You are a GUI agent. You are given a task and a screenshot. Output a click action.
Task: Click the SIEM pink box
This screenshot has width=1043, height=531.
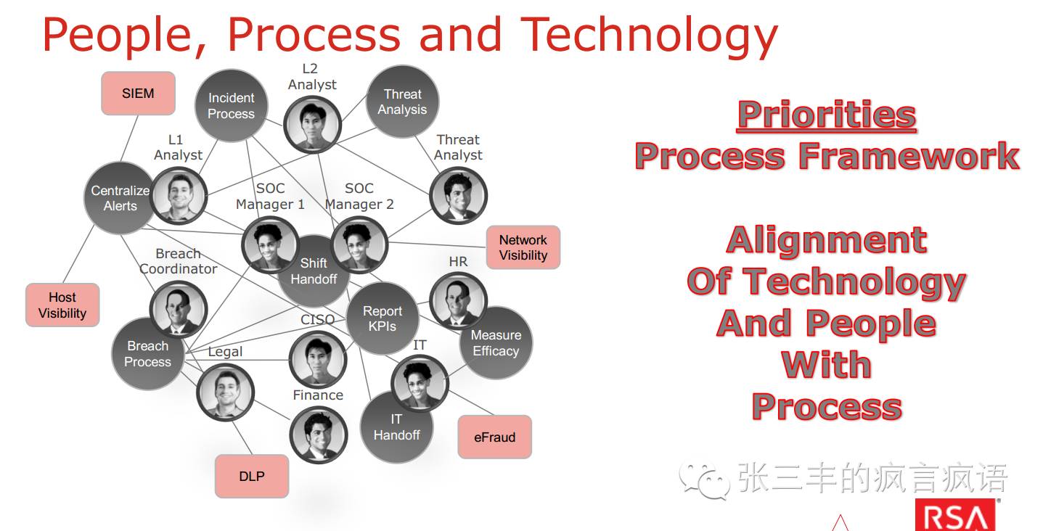138,94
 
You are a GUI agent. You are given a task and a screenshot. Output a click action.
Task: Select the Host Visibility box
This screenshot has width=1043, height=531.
62,305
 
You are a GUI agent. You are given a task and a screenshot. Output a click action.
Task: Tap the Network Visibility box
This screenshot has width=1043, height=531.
523,247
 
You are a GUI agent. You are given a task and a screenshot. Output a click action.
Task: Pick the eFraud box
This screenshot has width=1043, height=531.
494,437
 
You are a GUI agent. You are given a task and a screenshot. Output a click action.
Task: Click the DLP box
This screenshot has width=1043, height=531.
252,476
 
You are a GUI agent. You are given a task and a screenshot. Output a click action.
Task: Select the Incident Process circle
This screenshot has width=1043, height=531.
231,106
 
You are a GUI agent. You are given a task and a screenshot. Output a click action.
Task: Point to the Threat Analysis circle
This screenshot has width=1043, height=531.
402,102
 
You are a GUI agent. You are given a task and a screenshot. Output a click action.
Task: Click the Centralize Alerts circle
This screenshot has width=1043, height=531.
120,198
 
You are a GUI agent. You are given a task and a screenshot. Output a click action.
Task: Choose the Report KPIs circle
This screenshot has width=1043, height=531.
382,318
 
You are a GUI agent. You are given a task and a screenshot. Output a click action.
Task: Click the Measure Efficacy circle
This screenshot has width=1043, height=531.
496,343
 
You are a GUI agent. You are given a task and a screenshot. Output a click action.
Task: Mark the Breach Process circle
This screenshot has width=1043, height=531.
147,354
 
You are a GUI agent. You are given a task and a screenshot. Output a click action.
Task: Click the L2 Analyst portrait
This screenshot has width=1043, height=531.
312,124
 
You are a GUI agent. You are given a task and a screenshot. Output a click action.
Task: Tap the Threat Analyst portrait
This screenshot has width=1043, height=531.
458,195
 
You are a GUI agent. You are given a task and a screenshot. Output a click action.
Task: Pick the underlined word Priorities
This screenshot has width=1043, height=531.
827,115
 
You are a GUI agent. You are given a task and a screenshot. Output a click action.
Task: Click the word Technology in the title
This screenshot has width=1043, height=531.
649,35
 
